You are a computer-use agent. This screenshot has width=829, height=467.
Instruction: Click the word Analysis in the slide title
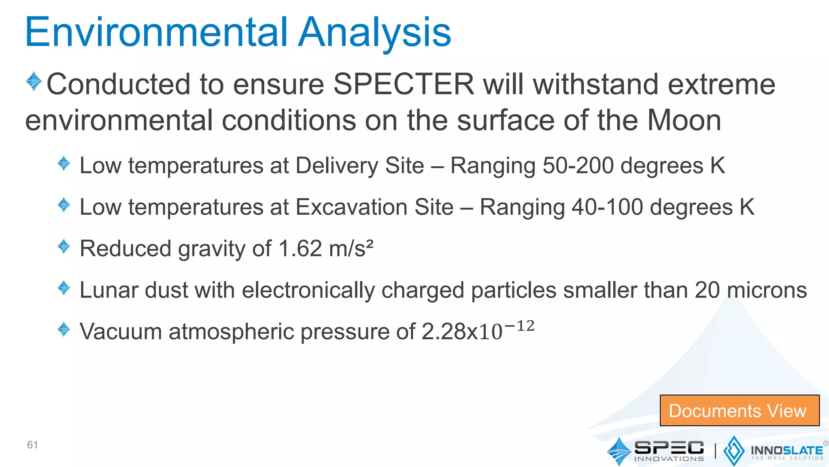point(374,32)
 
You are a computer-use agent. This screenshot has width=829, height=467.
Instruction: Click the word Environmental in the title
point(156,32)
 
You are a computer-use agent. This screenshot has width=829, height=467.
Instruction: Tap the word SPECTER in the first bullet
point(404,84)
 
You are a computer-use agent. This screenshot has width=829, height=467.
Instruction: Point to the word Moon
point(684,120)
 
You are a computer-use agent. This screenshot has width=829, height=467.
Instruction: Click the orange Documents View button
point(739,411)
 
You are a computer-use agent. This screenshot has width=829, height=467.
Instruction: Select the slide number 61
point(32,445)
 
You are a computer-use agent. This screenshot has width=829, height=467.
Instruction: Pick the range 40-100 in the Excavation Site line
point(607,207)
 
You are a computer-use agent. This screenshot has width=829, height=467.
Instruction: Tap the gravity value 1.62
point(300,248)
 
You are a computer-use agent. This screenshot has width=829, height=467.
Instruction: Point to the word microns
point(767,290)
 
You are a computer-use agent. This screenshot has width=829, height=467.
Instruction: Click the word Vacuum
point(121,332)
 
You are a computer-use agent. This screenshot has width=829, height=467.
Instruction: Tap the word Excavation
point(374,207)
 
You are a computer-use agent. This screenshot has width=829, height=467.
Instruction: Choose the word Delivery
point(359,166)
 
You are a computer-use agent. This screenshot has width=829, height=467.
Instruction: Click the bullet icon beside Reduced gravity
point(64,246)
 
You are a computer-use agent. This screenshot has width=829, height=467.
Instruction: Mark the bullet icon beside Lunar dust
point(64,288)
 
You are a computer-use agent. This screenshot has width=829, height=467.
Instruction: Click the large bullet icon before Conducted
point(34,81)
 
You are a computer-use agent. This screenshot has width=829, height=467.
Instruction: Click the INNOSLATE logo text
point(786,451)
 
